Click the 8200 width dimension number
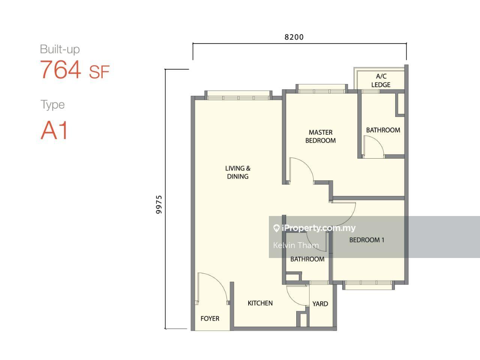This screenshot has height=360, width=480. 294,37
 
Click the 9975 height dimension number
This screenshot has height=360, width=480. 159,204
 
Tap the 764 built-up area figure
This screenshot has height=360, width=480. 61,69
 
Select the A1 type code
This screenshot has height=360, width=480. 54,130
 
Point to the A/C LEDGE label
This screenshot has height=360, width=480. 381,80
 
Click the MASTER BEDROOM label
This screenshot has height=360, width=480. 321,136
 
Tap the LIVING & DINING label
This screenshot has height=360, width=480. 238,172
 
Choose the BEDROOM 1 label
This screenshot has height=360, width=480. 367,240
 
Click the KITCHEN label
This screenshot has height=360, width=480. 260,303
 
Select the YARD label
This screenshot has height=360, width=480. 320,304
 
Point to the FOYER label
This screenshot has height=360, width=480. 210,318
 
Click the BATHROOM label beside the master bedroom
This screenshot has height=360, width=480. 383,130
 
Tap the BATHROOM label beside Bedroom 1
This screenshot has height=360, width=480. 307,259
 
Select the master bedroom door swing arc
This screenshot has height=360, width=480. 307,166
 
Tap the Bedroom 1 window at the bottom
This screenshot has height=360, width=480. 369,285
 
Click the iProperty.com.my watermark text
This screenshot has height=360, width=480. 315,228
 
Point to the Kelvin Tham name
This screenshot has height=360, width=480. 296,245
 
